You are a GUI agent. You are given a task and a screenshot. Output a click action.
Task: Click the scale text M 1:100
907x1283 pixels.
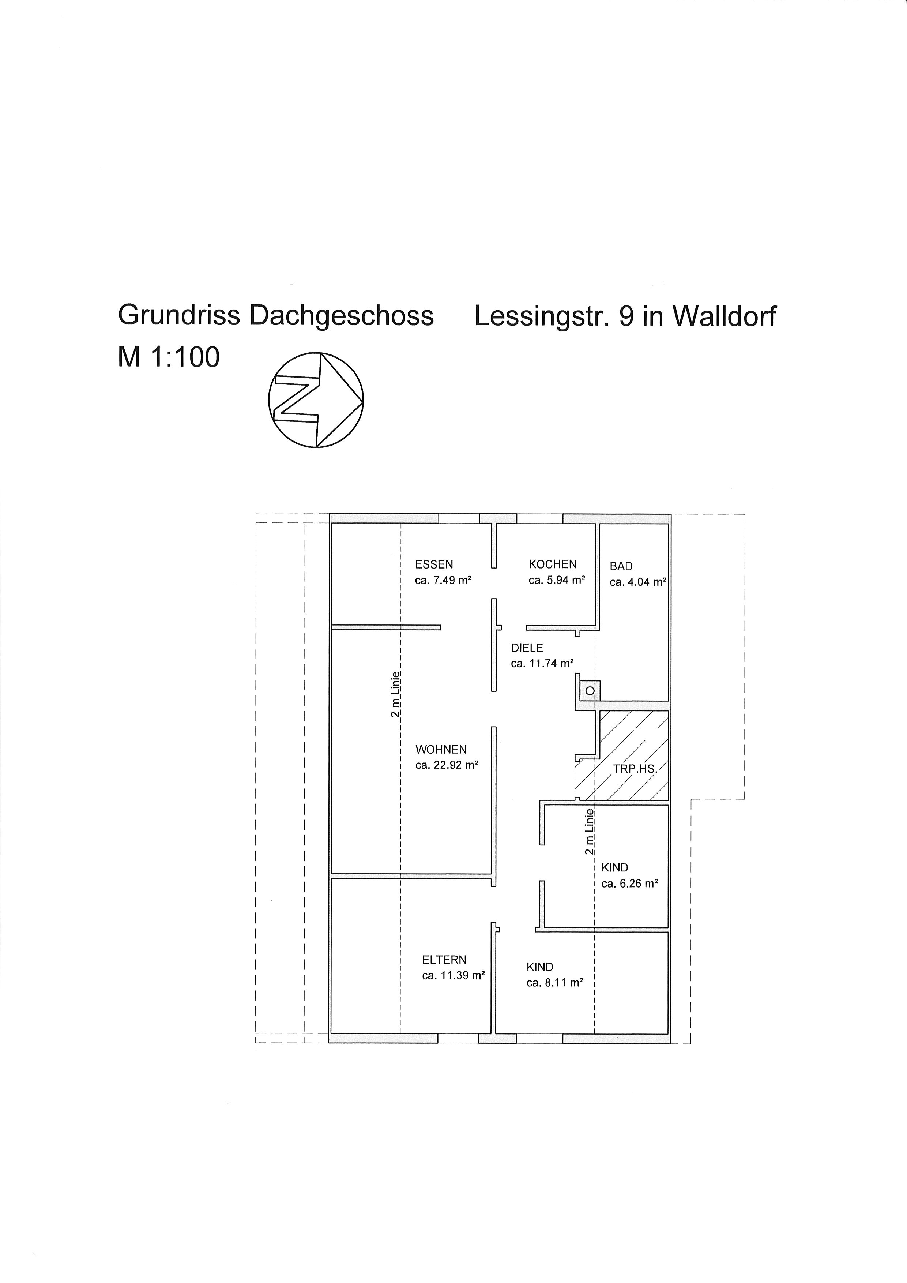pos(169,357)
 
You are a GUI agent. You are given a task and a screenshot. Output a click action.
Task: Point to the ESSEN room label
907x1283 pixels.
pos(434,564)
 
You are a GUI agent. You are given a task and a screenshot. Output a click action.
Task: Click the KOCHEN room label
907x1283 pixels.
pos(552,564)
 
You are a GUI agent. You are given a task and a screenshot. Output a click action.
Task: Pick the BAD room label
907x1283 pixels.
pos(621,566)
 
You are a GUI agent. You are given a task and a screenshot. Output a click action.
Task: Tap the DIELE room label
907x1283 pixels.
pos(527,648)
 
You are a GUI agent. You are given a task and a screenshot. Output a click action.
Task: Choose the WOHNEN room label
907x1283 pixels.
pos(441,749)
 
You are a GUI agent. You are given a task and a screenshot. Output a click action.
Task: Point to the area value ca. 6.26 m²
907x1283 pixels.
pos(629,884)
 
